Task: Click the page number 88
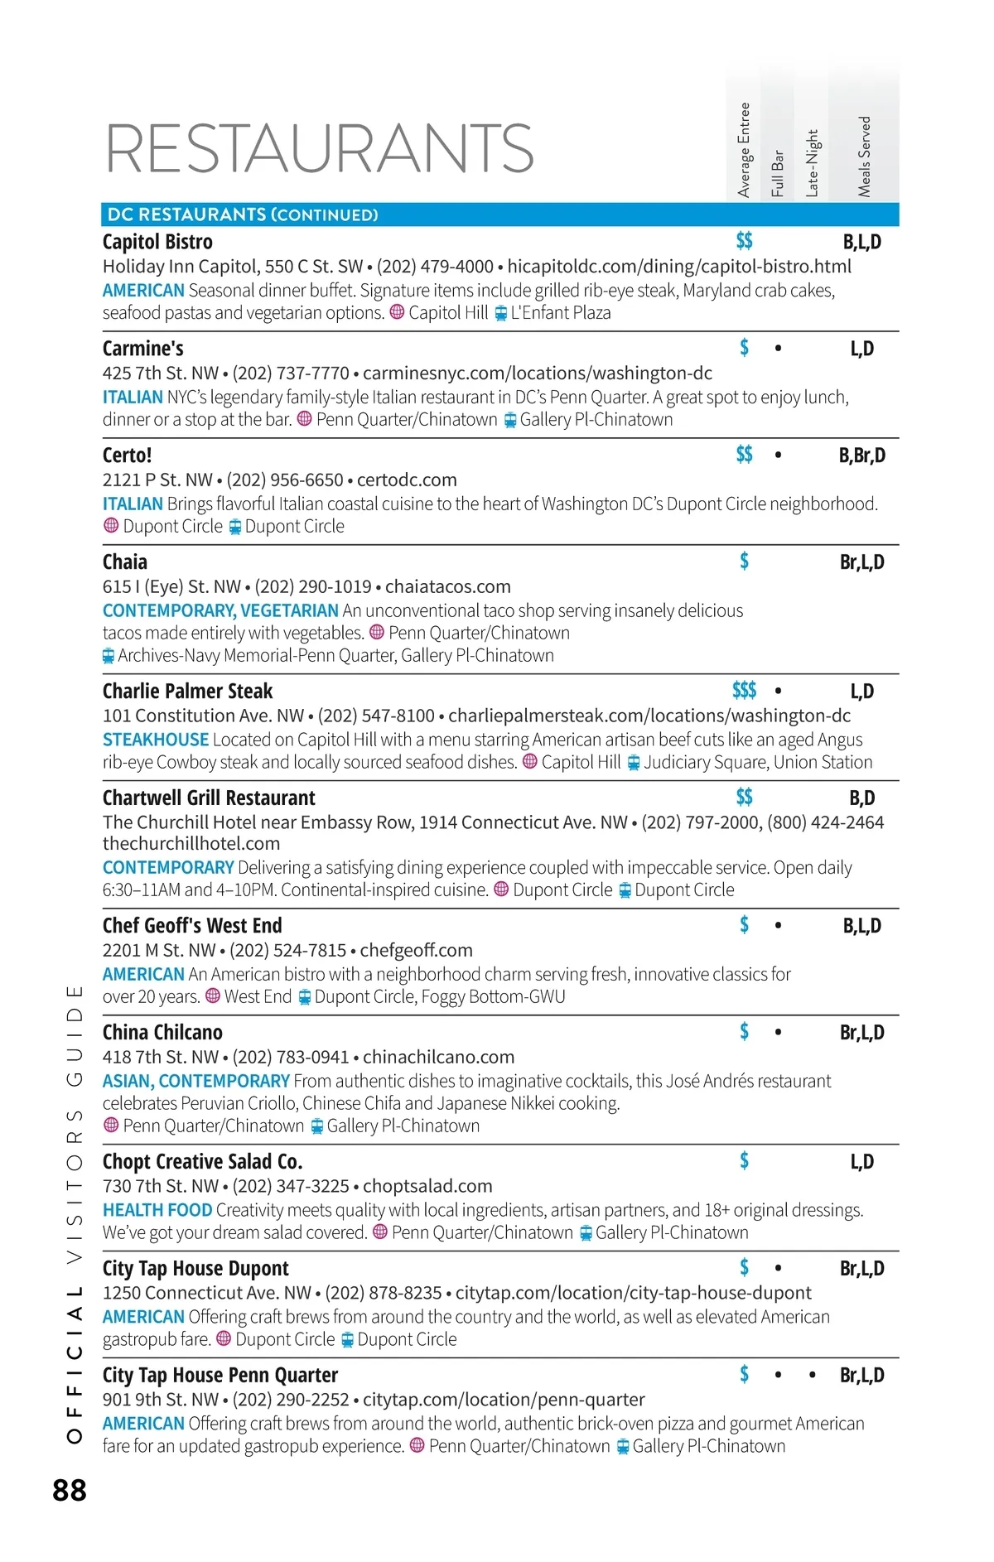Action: click(x=70, y=1490)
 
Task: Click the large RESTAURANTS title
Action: click(x=319, y=149)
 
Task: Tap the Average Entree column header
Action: click(x=744, y=150)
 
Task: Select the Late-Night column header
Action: click(x=812, y=163)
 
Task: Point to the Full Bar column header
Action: click(x=777, y=173)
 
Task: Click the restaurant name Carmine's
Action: click(x=143, y=349)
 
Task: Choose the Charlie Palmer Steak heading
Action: click(x=187, y=692)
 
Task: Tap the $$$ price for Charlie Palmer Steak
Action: click(x=744, y=691)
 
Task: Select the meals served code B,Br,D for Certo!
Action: click(x=861, y=456)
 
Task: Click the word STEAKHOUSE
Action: click(x=156, y=740)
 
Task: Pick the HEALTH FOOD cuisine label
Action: click(x=157, y=1210)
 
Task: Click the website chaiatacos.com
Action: click(x=447, y=587)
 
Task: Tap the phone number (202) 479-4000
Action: click(x=435, y=267)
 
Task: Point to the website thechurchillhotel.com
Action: click(x=191, y=844)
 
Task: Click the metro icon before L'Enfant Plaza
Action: click(x=500, y=314)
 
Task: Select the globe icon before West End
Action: click(x=213, y=996)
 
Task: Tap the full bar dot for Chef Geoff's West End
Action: click(x=777, y=926)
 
